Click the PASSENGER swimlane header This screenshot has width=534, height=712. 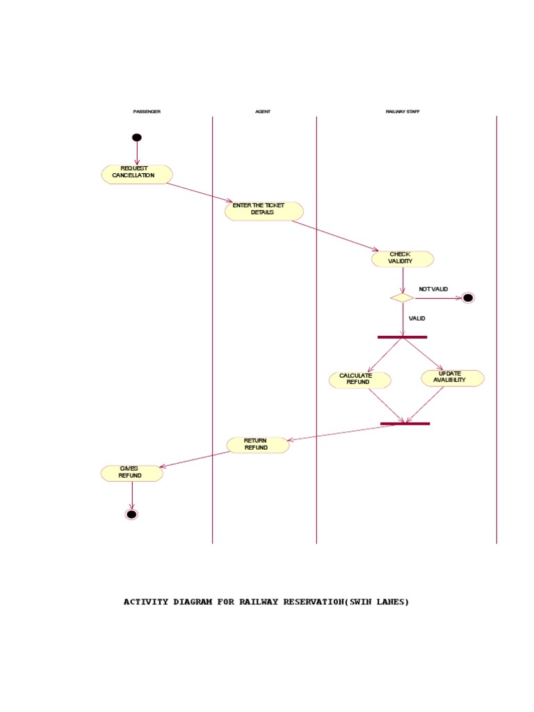click(x=147, y=112)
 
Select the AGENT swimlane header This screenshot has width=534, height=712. click(x=263, y=112)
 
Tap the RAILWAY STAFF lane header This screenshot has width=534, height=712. click(x=403, y=112)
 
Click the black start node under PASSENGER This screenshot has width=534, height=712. click(x=137, y=138)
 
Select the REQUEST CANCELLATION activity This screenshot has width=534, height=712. click(x=137, y=174)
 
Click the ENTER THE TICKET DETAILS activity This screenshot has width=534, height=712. click(x=264, y=211)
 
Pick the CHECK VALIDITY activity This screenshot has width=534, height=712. click(x=402, y=259)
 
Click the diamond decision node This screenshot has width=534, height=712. click(x=402, y=298)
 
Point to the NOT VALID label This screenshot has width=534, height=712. click(x=433, y=289)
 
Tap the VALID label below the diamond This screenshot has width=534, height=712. click(x=417, y=318)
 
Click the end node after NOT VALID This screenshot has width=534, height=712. click(x=468, y=298)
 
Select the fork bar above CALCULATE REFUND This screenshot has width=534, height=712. click(x=402, y=337)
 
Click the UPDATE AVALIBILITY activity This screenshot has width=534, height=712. click(x=452, y=378)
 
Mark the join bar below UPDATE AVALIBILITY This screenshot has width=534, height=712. click(x=405, y=423)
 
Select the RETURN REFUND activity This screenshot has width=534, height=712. click(x=258, y=445)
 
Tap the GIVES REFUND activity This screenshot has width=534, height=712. click(x=131, y=474)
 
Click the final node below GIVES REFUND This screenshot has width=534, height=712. click(x=131, y=515)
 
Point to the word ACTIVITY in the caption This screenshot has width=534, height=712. click(x=146, y=602)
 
